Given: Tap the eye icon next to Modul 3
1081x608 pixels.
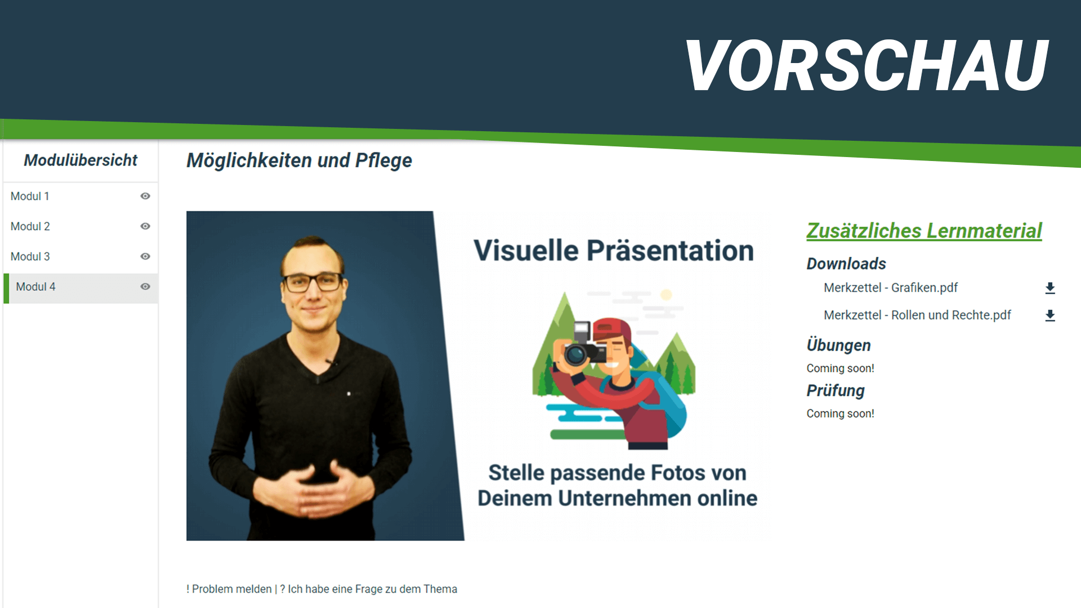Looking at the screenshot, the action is [x=145, y=256].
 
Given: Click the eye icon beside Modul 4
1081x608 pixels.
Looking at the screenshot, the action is [x=145, y=287].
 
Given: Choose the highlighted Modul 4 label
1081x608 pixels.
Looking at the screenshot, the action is [x=35, y=287].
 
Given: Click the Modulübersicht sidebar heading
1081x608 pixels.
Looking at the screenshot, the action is [x=81, y=160].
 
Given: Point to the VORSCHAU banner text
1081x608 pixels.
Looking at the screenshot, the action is [x=867, y=65].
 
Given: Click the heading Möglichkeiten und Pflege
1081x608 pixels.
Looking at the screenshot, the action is [x=299, y=161].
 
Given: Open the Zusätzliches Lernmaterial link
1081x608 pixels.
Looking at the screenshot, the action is [x=924, y=231].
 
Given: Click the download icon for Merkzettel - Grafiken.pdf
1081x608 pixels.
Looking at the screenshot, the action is [x=1050, y=288].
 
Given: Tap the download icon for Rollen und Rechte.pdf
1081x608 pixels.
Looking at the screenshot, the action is [x=1050, y=315].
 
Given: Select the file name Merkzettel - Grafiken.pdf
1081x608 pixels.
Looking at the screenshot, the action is [x=891, y=288].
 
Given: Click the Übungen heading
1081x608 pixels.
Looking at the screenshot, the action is [x=838, y=345].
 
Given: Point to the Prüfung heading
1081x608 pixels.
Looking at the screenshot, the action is [x=836, y=391].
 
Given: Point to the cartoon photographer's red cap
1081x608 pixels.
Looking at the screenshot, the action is [x=612, y=329].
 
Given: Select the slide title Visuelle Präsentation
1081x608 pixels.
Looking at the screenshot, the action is [x=614, y=251].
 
